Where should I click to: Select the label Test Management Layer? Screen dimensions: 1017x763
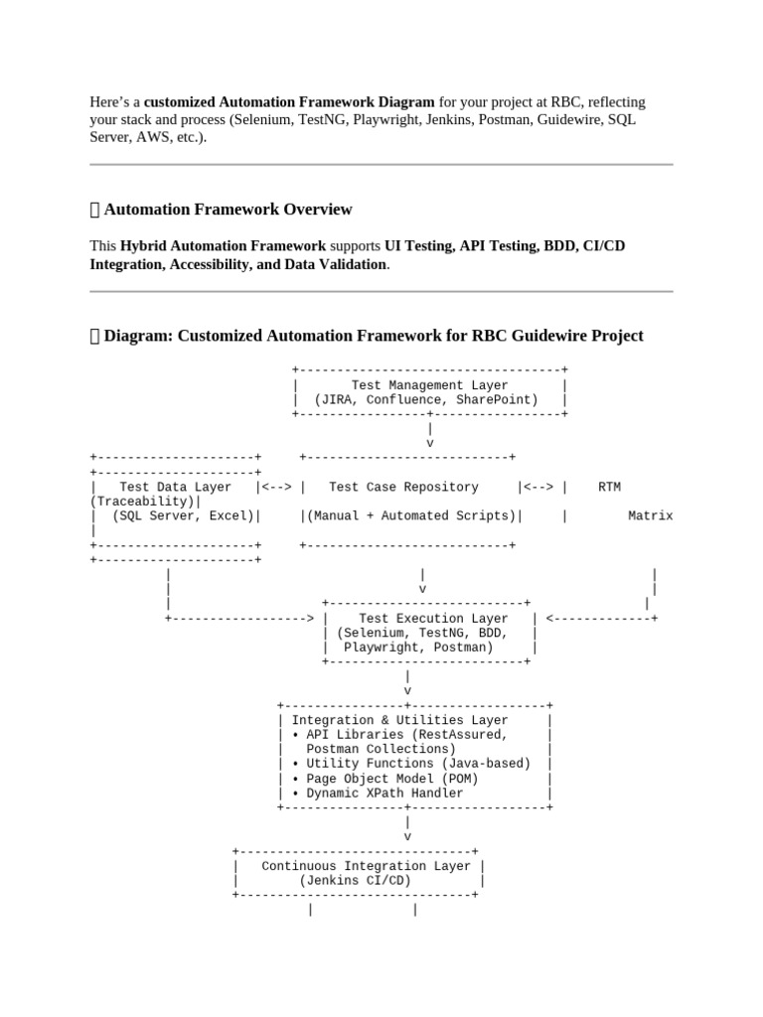tap(429, 385)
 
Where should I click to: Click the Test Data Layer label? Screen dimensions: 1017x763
tap(175, 487)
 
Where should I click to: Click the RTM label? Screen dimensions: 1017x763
tap(609, 487)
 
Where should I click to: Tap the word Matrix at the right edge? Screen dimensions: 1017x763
tap(650, 515)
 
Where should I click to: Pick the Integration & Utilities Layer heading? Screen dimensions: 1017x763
tap(399, 720)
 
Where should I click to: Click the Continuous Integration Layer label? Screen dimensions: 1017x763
tap(366, 866)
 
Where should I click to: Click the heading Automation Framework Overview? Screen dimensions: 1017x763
tap(228, 210)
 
